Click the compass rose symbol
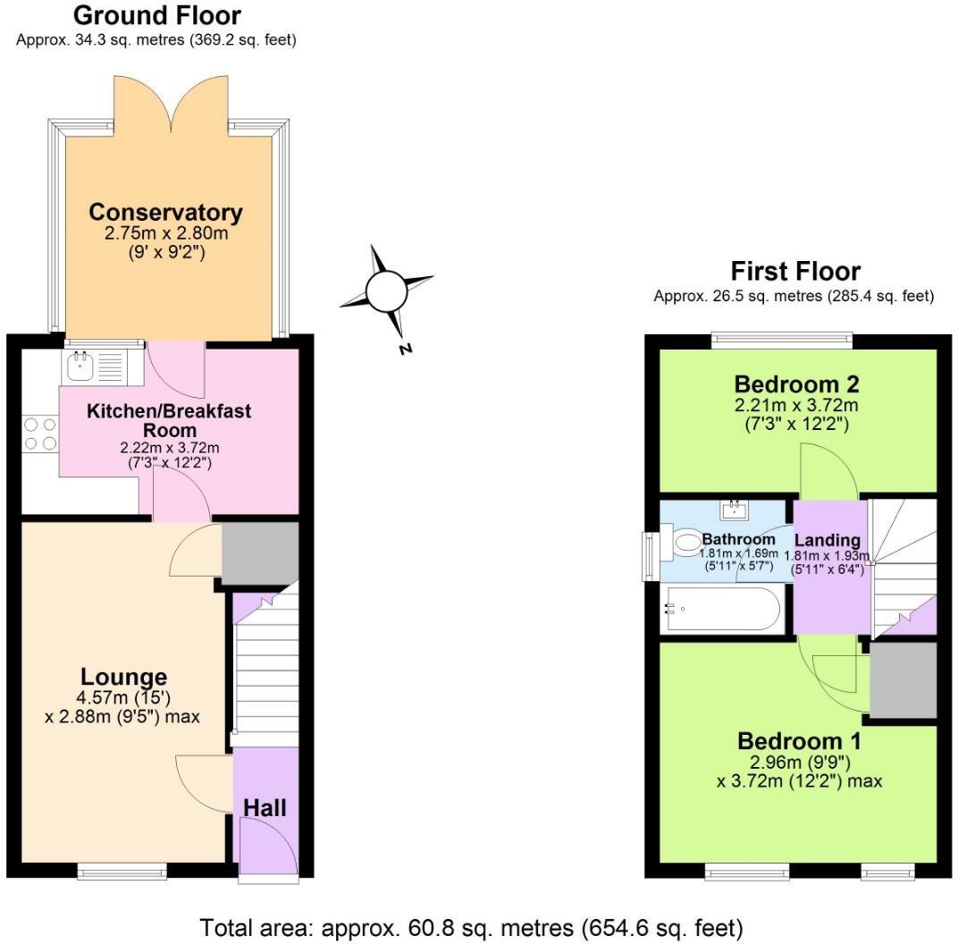pos(387,291)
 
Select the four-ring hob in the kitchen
pos(38,434)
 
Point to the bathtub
pos(720,610)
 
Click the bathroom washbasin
pos(737,510)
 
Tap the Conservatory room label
pos(165,213)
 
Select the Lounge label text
pos(123,678)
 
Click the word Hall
pos(265,808)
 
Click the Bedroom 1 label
pos(799,741)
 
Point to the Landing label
pos(827,540)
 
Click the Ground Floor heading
pos(156,15)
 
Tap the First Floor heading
pos(795,271)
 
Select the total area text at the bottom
pos(471,927)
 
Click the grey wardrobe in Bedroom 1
pos(903,679)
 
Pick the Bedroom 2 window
pos(782,340)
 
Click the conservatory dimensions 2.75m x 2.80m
pos(165,234)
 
